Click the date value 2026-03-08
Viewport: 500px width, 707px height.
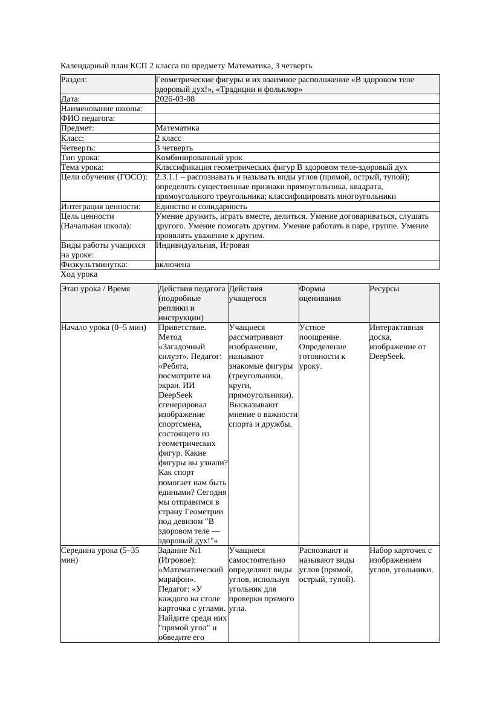(175, 99)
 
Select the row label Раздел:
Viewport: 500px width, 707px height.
(74, 80)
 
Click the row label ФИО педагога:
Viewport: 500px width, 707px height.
(88, 119)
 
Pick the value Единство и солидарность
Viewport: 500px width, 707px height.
(201, 207)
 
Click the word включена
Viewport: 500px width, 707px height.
(173, 265)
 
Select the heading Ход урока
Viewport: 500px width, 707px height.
(79, 274)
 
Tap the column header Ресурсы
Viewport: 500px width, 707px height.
(385, 289)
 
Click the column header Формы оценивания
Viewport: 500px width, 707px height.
(320, 294)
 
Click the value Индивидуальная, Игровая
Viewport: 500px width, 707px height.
(203, 245)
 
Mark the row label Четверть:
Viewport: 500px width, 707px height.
(79, 148)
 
